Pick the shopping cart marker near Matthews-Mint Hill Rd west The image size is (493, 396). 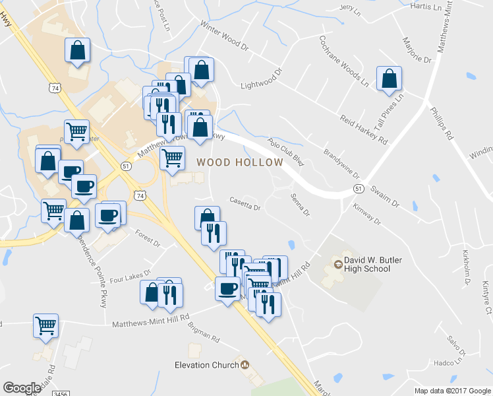46,325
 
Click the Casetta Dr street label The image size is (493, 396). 245,204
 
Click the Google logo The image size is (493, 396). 22,388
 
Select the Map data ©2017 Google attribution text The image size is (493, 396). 452,391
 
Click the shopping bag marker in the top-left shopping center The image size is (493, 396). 78,50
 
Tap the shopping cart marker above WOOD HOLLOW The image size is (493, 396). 172,158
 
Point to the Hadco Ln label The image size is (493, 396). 448,362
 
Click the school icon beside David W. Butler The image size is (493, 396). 339,265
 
